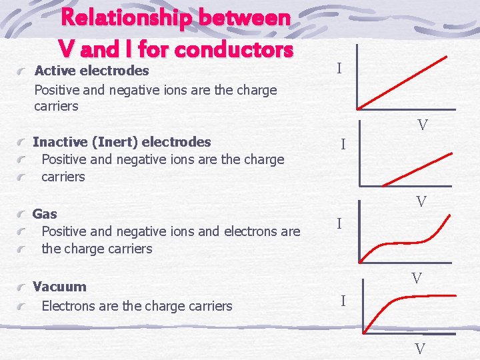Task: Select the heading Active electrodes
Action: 91,70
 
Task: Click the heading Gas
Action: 45,214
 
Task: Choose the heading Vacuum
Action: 59,287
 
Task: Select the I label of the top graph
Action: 339,69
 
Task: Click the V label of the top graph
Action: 423,125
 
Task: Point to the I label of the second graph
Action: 342,144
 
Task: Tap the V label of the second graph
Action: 421,201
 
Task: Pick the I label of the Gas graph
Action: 339,224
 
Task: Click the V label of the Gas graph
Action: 417,279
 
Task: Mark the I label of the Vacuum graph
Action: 343,301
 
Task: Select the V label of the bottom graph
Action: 420,348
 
